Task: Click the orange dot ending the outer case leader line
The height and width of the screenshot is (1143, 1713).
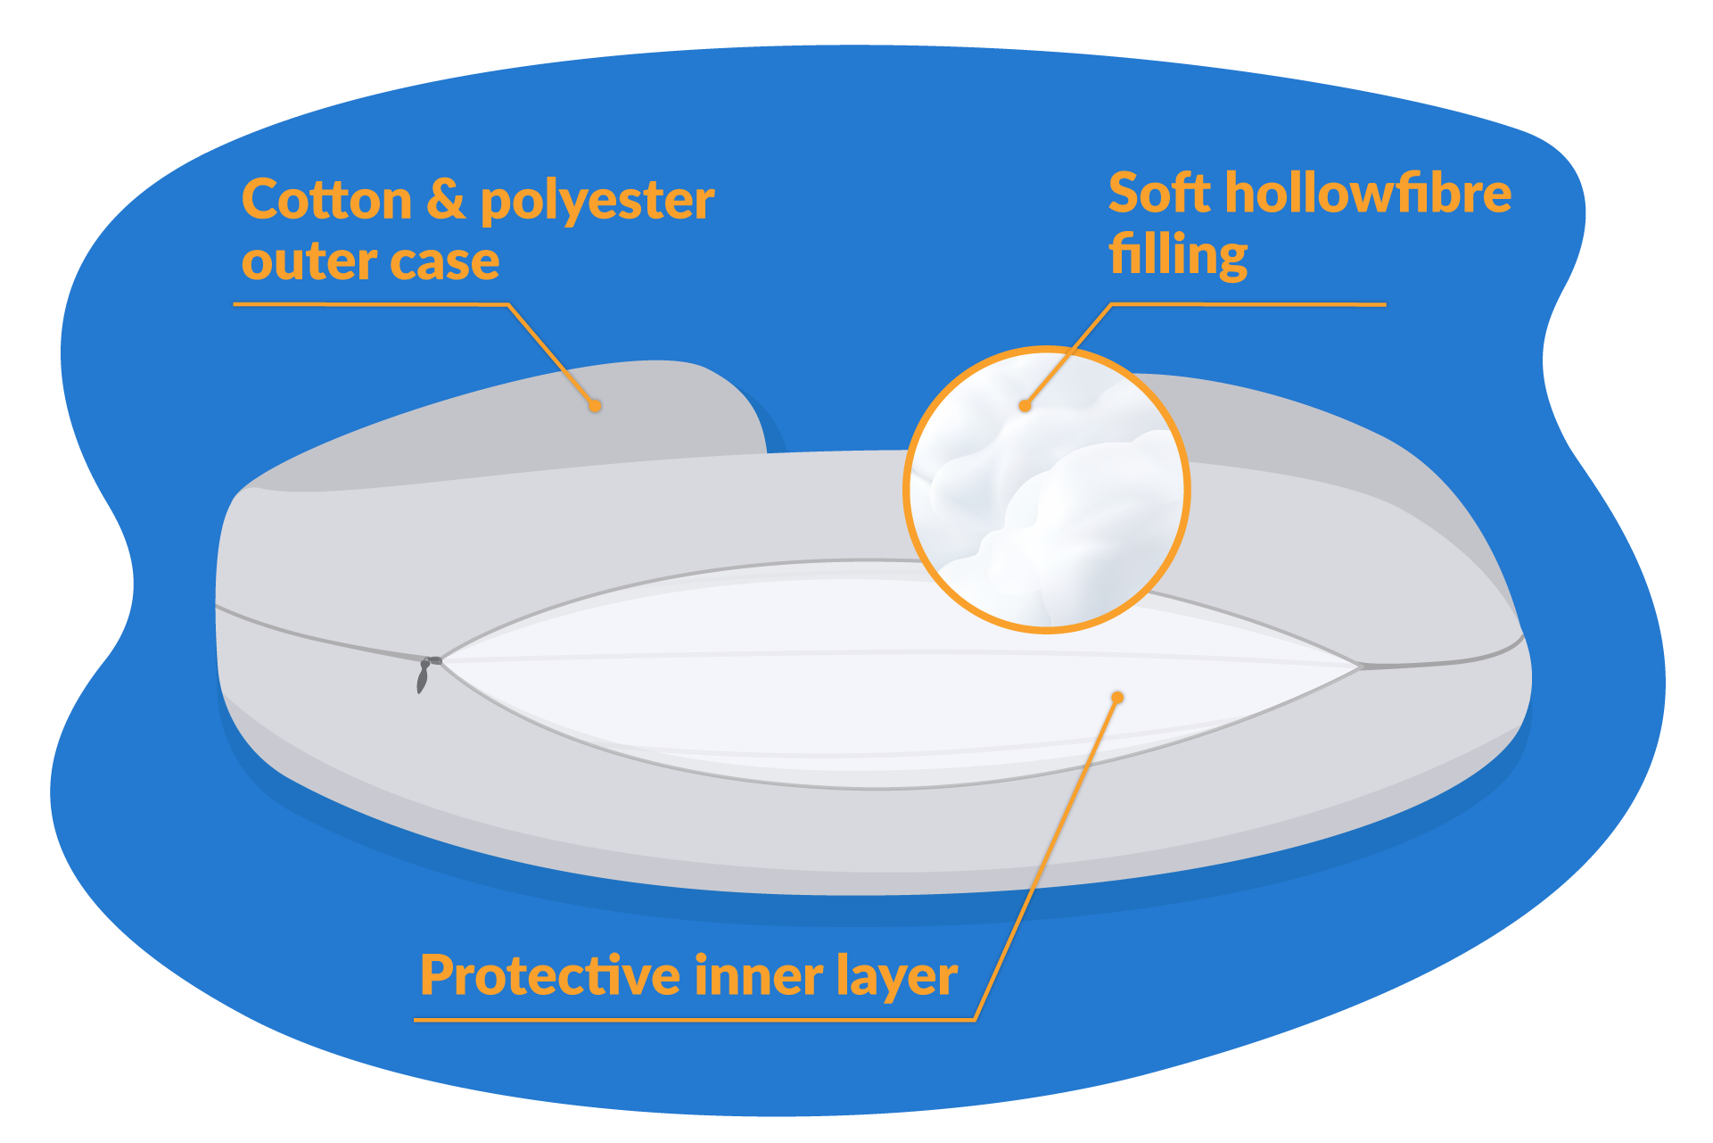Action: (x=595, y=406)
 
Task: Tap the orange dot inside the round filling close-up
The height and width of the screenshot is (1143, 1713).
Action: (x=1025, y=406)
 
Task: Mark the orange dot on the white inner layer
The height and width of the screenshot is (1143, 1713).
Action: (x=1117, y=697)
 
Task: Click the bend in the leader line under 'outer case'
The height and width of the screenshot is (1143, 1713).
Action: (x=507, y=305)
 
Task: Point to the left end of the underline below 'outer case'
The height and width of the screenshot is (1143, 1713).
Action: (x=235, y=304)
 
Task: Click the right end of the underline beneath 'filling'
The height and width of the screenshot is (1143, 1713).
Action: (x=1386, y=304)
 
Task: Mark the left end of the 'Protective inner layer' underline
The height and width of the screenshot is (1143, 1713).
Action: (x=416, y=1019)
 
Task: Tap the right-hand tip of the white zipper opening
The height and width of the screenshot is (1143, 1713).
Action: (x=1360, y=666)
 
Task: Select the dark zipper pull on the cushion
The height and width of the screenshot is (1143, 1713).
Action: (x=426, y=674)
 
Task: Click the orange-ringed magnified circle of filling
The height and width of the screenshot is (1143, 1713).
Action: (x=1047, y=490)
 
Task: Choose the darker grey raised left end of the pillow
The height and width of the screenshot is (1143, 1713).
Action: (x=508, y=425)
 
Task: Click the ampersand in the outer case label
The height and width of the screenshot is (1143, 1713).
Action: (x=446, y=199)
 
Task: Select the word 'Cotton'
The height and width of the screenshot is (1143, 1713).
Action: (x=326, y=199)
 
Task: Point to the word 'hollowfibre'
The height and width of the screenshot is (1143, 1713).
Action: (x=1369, y=193)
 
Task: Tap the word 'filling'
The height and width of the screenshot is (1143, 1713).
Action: (x=1178, y=255)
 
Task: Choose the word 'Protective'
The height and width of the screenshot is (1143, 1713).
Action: (x=550, y=975)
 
